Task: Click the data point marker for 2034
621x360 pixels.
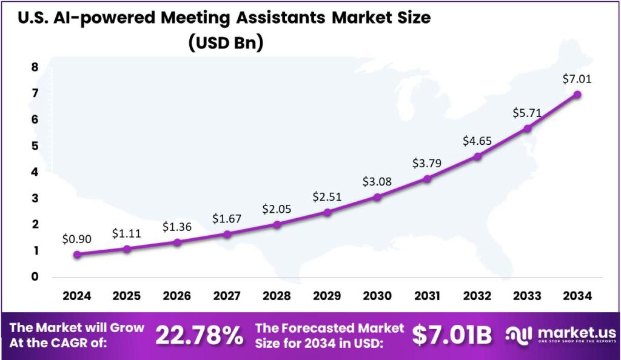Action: click(x=577, y=95)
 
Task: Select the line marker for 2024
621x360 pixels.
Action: click(x=77, y=255)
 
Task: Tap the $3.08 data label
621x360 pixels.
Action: click(x=377, y=181)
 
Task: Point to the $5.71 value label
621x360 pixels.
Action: click(x=528, y=112)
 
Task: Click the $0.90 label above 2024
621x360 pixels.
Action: click(x=77, y=239)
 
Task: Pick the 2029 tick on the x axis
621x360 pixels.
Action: click(x=327, y=296)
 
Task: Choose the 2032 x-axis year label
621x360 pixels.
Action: click(x=477, y=296)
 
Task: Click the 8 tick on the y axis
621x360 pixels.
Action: click(x=35, y=67)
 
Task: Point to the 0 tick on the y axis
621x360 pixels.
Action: click(x=35, y=277)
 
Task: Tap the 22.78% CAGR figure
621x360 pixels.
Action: click(x=200, y=335)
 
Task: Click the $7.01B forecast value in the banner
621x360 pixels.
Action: click(x=452, y=335)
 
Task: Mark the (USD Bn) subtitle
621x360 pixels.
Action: click(x=225, y=44)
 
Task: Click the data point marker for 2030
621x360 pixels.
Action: click(x=377, y=197)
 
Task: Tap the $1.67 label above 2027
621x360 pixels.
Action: click(x=227, y=218)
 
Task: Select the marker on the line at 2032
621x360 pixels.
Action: click(x=477, y=156)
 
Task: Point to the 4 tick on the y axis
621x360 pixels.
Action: click(x=35, y=172)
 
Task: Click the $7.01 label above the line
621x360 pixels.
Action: click(x=577, y=79)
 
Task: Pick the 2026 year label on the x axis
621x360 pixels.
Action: click(x=177, y=296)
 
